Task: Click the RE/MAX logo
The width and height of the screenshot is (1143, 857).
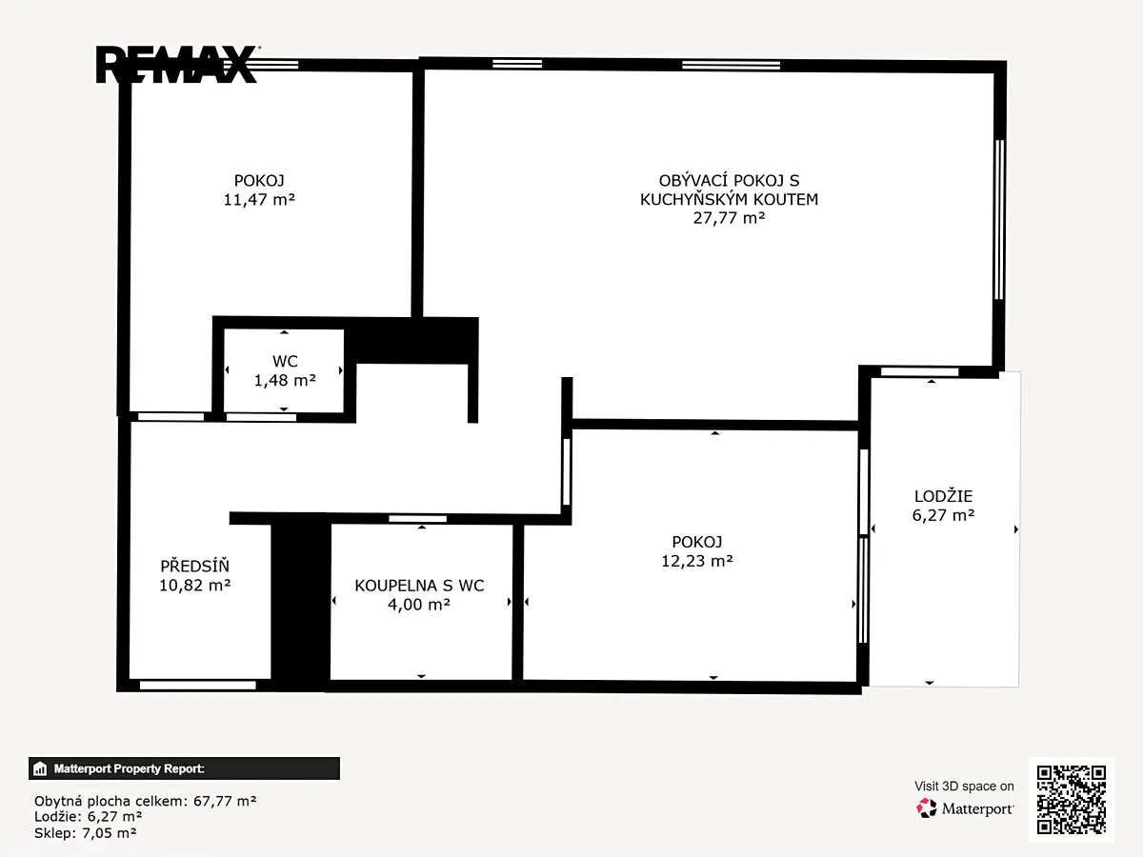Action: click(177, 64)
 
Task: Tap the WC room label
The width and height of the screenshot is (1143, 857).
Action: click(285, 361)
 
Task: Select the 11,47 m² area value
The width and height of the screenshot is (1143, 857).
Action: click(259, 200)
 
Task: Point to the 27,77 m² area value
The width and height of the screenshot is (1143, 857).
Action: click(729, 218)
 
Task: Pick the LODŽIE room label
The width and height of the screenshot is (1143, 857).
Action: click(944, 496)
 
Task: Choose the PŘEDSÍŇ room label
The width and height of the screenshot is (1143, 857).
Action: click(194, 566)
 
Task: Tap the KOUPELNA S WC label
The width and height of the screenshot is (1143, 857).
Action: click(419, 586)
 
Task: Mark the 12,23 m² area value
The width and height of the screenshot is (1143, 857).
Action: click(697, 561)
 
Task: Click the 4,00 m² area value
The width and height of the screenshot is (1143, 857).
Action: click(419, 605)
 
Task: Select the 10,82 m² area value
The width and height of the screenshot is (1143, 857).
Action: click(194, 586)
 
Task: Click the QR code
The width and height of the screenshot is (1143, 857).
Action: click(1072, 800)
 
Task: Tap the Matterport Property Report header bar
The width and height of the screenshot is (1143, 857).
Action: click(185, 768)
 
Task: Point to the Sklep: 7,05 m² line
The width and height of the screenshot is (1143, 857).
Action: click(86, 833)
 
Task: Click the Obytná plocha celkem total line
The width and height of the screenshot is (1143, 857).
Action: click(146, 800)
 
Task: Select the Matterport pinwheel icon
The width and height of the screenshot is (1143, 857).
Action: click(927, 808)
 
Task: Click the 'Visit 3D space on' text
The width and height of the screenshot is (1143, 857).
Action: click(964, 787)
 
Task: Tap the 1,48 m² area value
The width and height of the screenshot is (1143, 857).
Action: click(285, 380)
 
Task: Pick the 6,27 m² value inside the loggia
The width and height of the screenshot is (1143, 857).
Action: click(944, 515)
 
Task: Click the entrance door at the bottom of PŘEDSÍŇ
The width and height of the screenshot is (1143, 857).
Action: click(198, 686)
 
